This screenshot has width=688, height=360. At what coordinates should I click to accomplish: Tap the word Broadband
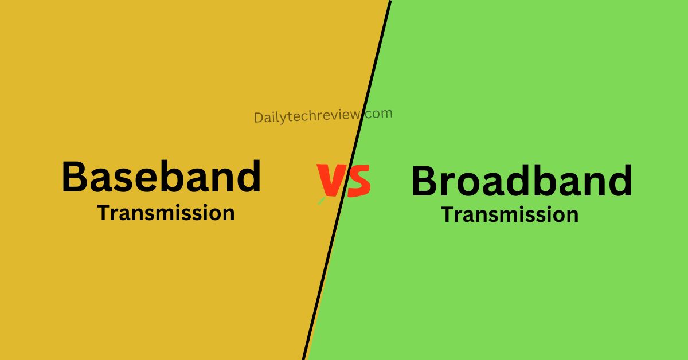[x=521, y=181]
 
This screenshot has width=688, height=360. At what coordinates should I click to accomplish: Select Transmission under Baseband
[x=166, y=213]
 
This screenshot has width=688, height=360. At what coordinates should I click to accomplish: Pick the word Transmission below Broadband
[x=509, y=215]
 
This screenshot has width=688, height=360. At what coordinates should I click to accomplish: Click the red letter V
[x=331, y=180]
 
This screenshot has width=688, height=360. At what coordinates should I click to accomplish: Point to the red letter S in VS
[x=358, y=180]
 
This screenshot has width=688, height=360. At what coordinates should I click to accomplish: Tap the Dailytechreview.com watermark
[x=323, y=115]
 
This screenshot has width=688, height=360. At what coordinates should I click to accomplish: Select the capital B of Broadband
[x=426, y=181]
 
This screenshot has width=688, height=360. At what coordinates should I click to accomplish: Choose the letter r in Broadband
[x=454, y=184]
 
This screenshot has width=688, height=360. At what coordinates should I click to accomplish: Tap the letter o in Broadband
[x=477, y=183]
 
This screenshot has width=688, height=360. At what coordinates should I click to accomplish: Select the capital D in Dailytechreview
[x=258, y=118]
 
